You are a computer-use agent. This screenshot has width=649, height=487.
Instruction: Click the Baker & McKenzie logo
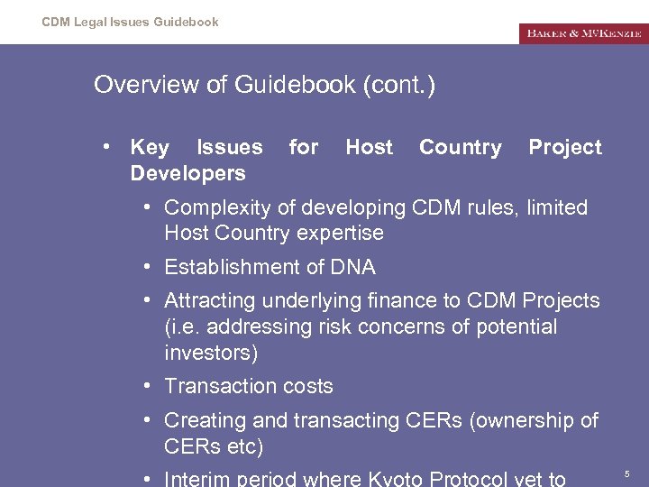click(583, 33)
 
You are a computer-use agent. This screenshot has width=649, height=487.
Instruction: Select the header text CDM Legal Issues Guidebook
click(130, 22)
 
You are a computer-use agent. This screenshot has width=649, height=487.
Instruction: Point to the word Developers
click(187, 173)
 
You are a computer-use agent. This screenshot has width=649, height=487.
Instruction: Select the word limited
click(557, 207)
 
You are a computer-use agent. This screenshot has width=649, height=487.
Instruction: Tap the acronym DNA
click(354, 267)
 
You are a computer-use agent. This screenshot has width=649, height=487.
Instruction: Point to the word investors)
click(210, 352)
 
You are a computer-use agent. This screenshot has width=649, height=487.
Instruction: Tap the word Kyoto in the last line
click(399, 479)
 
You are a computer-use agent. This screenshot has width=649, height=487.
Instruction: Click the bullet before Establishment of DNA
click(146, 268)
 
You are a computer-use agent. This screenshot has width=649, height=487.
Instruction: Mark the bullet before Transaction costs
click(146, 387)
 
